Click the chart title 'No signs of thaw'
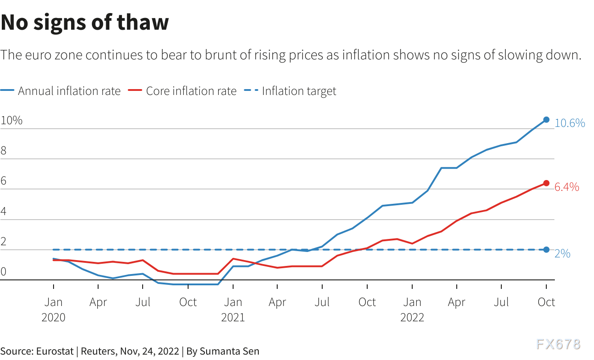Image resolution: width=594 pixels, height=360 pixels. [x=85, y=22]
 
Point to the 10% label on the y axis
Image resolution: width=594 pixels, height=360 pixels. [x=12, y=121]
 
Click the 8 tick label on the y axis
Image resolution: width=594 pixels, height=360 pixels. [x=4, y=151]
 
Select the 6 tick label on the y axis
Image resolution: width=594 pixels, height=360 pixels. [x=4, y=181]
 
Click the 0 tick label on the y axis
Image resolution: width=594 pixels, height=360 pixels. [x=4, y=271]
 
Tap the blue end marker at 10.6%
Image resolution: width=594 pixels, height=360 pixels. [x=546, y=120]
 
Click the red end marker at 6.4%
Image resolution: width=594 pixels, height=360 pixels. [x=546, y=183]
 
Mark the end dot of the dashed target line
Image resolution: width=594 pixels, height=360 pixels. [x=546, y=250]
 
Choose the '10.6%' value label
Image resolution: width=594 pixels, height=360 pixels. [x=570, y=123]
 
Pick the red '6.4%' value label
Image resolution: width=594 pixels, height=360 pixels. [x=567, y=187]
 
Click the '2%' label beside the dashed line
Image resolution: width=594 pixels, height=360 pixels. [x=562, y=254]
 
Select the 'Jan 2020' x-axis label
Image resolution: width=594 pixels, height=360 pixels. [x=54, y=309]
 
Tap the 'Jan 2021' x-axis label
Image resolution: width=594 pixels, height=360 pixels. [x=233, y=309]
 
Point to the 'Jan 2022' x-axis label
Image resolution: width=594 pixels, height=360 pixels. [x=412, y=309]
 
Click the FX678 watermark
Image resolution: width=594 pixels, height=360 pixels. [x=558, y=345]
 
